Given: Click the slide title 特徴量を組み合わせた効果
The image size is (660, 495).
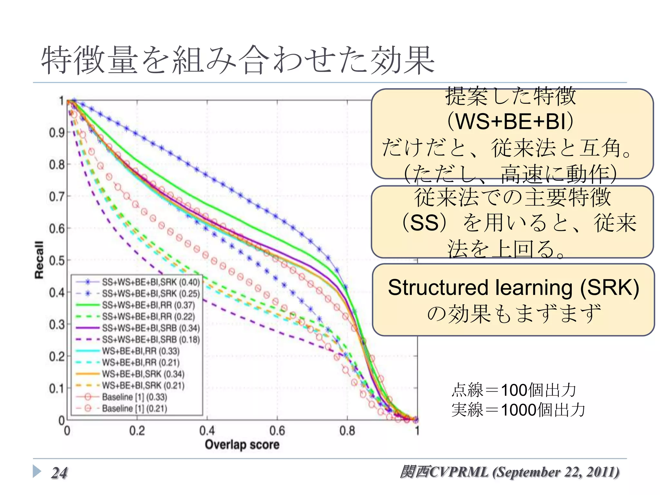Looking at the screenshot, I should [238, 60].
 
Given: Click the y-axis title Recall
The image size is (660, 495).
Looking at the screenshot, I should [39, 260].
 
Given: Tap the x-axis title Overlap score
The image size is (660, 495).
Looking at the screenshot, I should [242, 445].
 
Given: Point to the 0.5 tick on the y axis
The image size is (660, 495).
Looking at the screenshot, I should [57, 260].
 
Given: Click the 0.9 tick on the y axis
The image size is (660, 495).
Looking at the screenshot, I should [57, 132].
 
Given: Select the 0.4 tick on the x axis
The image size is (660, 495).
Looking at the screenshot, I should [207, 431].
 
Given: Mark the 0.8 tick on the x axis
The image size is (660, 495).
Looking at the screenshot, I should [347, 431].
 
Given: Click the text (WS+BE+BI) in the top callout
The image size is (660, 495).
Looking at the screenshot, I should [510, 121].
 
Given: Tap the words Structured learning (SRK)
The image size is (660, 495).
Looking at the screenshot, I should [513, 287].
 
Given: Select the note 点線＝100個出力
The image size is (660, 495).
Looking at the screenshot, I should [513, 390].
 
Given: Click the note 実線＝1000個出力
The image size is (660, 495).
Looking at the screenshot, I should [518, 410].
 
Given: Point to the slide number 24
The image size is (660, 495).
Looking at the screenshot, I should [59, 473].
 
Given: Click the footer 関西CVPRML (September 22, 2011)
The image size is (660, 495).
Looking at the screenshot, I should [510, 472].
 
